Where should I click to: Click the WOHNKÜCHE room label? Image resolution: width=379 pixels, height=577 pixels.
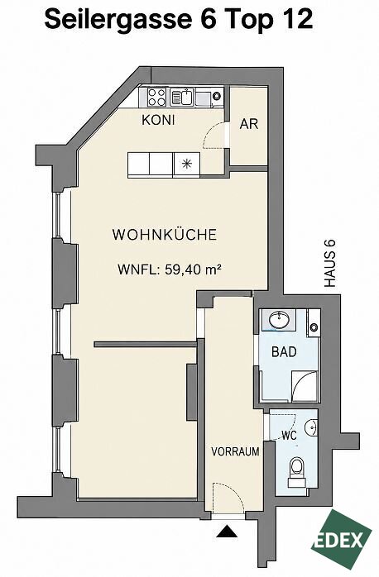click(165, 235)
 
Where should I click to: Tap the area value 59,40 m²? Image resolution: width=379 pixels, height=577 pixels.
click(192, 269)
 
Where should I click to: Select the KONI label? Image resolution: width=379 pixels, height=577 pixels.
click(158, 120)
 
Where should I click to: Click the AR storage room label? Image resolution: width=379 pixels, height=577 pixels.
click(249, 124)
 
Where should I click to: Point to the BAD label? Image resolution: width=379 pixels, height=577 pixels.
click(284, 352)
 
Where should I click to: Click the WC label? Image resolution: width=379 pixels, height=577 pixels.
click(289, 436)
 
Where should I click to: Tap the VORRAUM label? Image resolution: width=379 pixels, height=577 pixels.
click(235, 451)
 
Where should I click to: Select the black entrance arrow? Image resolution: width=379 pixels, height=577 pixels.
click(227, 532)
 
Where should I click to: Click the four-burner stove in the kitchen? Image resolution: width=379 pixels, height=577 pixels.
click(156, 97)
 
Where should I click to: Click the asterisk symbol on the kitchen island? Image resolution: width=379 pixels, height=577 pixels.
click(187, 165)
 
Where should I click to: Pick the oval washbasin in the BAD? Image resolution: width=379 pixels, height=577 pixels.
click(279, 320)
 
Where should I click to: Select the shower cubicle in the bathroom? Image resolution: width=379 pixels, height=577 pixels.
click(305, 386)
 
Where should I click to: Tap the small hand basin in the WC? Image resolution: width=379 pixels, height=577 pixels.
click(312, 427)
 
